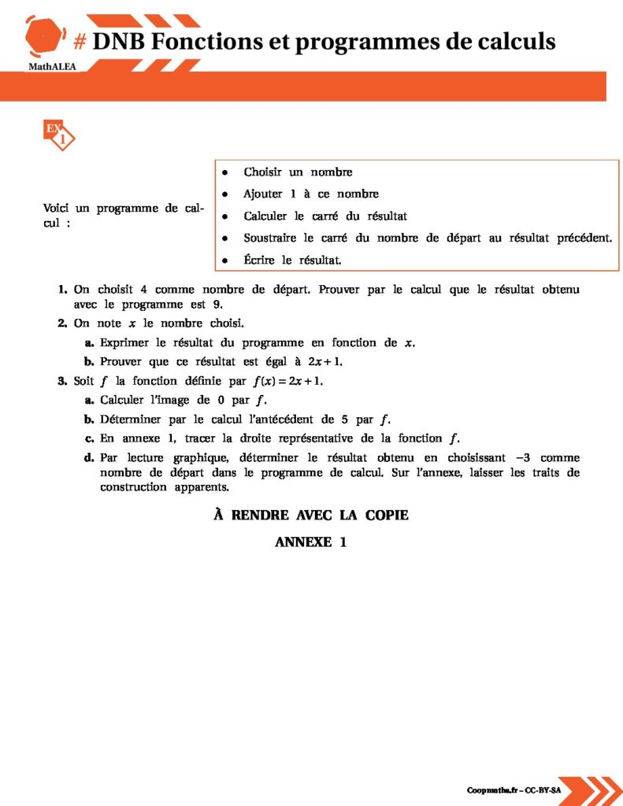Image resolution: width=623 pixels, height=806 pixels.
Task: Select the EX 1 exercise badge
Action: (x=58, y=135)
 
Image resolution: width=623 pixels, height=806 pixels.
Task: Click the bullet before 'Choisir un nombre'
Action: (x=225, y=172)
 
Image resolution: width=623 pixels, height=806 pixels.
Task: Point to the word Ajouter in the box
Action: (x=263, y=194)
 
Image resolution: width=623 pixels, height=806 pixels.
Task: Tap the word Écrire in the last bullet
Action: (x=259, y=259)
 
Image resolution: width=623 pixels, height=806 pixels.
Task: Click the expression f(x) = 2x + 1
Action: (x=287, y=381)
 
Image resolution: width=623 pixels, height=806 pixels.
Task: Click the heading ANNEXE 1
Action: (x=311, y=542)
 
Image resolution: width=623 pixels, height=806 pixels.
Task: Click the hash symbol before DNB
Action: (x=79, y=42)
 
